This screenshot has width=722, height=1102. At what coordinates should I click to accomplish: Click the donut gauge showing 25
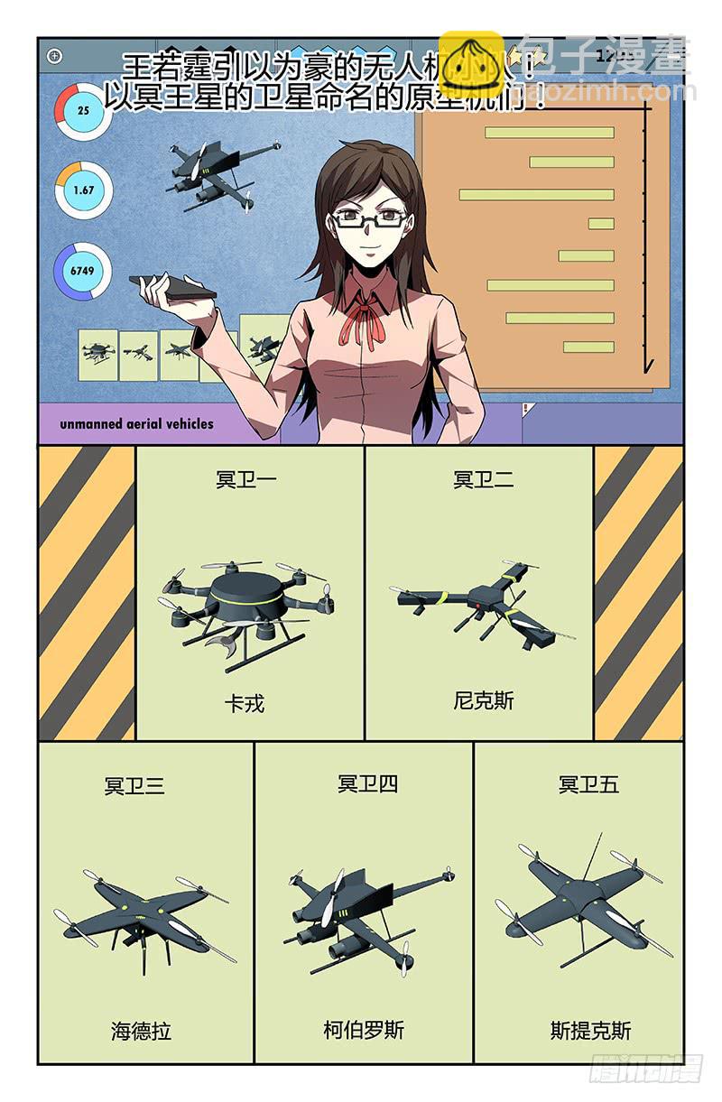83,110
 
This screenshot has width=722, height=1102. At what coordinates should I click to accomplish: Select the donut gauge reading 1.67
83,190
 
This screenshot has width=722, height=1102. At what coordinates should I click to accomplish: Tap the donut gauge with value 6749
83,270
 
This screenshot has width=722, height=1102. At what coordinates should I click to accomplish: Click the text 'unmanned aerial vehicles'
137,423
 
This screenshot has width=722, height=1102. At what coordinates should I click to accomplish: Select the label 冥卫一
245,479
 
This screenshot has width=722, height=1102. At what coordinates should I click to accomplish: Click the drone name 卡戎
245,703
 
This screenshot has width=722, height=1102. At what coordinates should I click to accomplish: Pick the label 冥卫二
484,479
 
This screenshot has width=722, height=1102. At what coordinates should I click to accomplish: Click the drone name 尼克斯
484,700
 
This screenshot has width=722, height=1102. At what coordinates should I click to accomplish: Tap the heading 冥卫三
134,785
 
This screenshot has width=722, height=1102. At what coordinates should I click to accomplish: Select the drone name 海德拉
142,1030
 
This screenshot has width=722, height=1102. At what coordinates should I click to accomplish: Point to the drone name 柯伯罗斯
364,1030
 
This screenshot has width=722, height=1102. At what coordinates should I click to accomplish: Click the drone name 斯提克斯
591,1030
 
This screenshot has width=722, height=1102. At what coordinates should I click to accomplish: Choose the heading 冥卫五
588,784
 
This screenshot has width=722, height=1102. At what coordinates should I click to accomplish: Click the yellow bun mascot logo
470,64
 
